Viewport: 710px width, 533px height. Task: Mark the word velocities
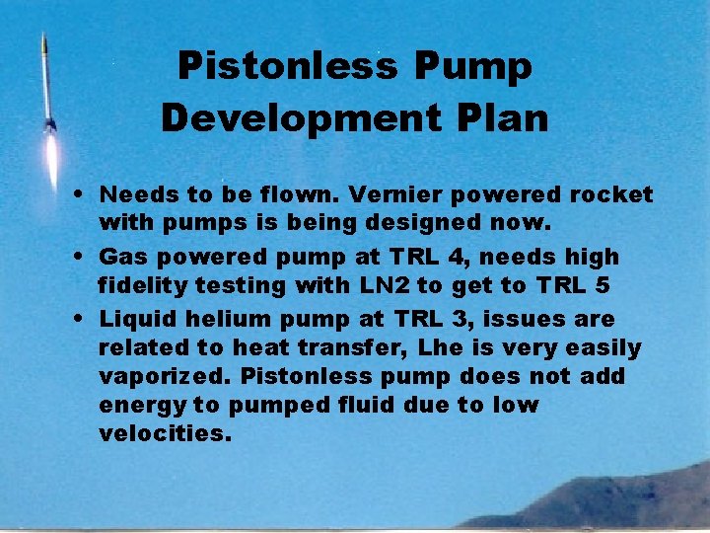[x=164, y=433]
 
